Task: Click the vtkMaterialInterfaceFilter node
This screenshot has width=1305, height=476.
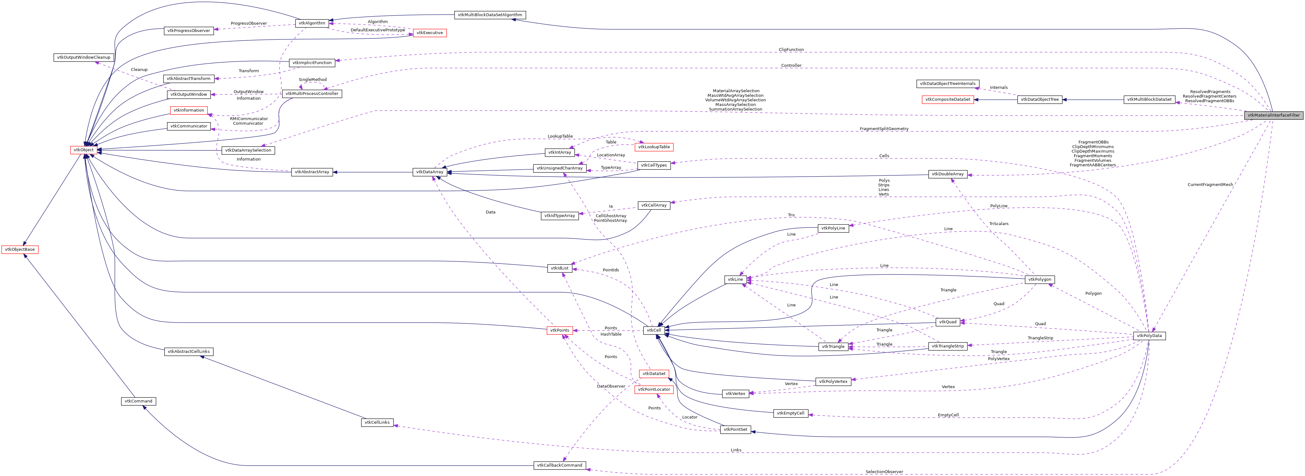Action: click(1273, 115)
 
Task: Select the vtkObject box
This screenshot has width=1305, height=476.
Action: click(84, 150)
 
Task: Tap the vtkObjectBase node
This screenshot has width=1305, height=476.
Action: click(20, 249)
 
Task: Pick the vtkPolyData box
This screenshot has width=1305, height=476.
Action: click(1149, 336)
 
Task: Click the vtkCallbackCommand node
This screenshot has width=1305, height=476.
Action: click(559, 465)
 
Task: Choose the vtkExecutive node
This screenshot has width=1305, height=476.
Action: click(429, 33)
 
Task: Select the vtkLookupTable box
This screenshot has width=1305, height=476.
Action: click(653, 147)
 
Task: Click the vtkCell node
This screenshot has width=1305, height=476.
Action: click(653, 330)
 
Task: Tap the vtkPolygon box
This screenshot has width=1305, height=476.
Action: click(1039, 279)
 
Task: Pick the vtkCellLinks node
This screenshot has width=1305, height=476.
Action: click(377, 422)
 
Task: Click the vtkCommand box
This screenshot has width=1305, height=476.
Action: click(138, 401)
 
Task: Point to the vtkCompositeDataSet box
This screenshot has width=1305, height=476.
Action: click(947, 99)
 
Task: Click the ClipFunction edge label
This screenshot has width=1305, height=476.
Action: click(791, 50)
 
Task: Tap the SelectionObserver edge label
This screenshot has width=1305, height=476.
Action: click(884, 471)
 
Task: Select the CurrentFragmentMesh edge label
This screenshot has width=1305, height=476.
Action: click(1210, 184)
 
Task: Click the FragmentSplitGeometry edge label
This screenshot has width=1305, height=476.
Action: click(884, 129)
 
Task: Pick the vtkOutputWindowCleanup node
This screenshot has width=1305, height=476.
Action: click(84, 57)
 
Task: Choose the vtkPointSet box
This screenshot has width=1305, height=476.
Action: click(735, 429)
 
